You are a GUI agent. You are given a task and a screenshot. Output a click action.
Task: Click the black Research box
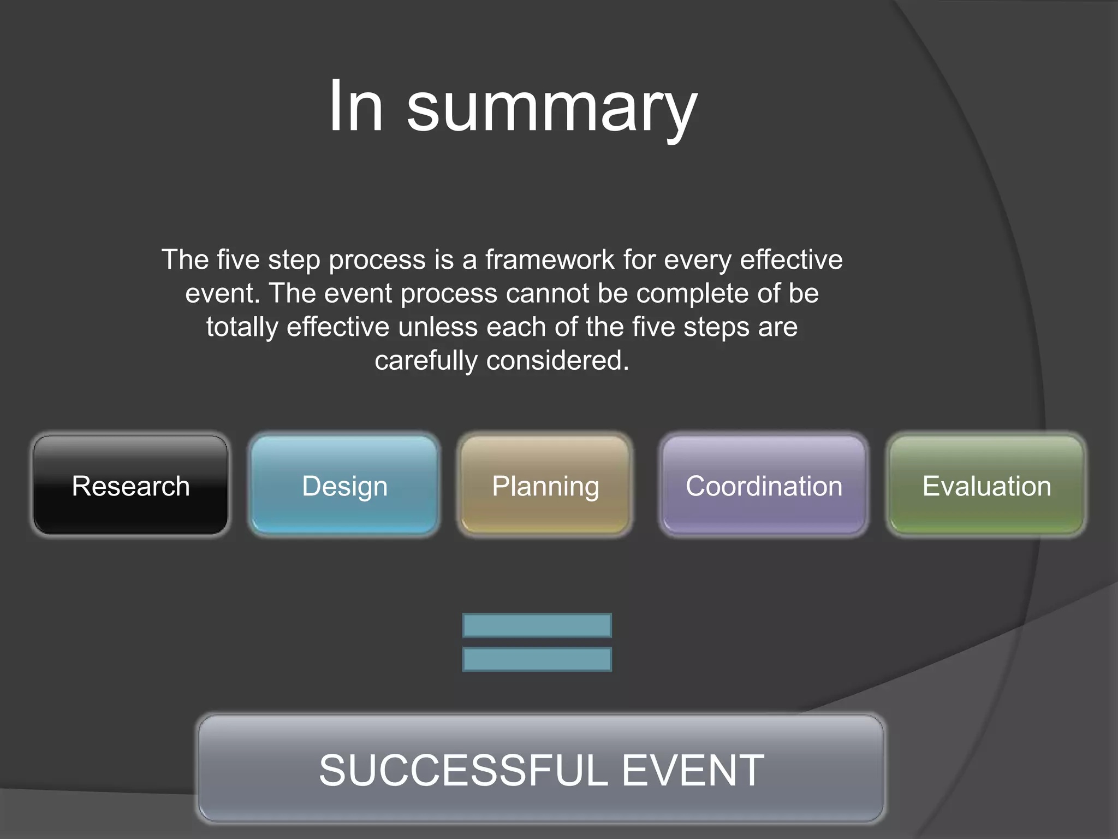click(130, 485)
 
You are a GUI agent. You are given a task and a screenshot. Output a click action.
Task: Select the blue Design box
click(344, 485)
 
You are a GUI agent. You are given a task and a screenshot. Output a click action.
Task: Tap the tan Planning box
click(545, 485)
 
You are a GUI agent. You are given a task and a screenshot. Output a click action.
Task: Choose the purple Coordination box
click(764, 485)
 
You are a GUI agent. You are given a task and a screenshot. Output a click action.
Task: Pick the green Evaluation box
click(986, 485)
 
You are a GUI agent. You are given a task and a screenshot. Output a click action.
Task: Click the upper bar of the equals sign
click(537, 625)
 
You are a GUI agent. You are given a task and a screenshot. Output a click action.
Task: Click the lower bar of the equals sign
click(537, 659)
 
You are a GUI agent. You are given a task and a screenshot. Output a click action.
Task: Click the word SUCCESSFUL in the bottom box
click(463, 770)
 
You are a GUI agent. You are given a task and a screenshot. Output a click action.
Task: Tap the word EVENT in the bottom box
click(693, 770)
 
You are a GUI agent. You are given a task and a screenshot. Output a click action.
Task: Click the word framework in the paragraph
click(550, 259)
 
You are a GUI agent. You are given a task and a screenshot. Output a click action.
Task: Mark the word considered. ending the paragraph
click(558, 361)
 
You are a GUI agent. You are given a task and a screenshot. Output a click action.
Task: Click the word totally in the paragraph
click(242, 327)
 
